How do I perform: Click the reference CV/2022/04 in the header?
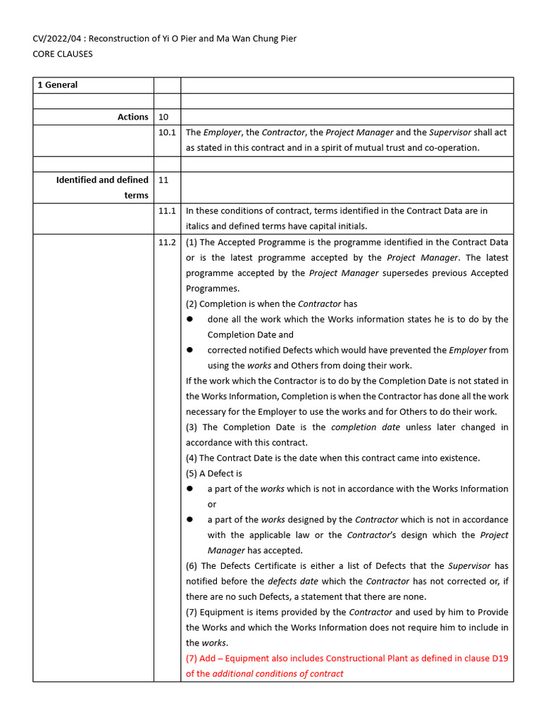pyautogui.click(x=58, y=39)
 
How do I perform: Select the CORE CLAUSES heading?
pyautogui.click(x=63, y=54)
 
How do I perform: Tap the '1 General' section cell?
pyautogui.click(x=58, y=85)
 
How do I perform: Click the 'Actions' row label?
pyautogui.click(x=132, y=117)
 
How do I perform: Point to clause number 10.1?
pyautogui.click(x=167, y=132)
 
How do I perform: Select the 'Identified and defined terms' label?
pyautogui.click(x=102, y=187)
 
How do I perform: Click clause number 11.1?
pyautogui.click(x=167, y=211)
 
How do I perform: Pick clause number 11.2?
pyautogui.click(x=167, y=242)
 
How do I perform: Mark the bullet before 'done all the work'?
pyautogui.click(x=189, y=320)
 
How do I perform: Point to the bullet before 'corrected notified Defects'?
pyautogui.click(x=189, y=351)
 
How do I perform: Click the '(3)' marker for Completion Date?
pyautogui.click(x=192, y=427)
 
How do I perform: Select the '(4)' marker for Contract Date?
pyautogui.click(x=192, y=458)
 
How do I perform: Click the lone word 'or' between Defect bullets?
pyautogui.click(x=212, y=505)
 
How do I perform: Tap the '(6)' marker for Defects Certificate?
pyautogui.click(x=192, y=566)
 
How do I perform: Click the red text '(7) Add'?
pyautogui.click(x=201, y=658)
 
